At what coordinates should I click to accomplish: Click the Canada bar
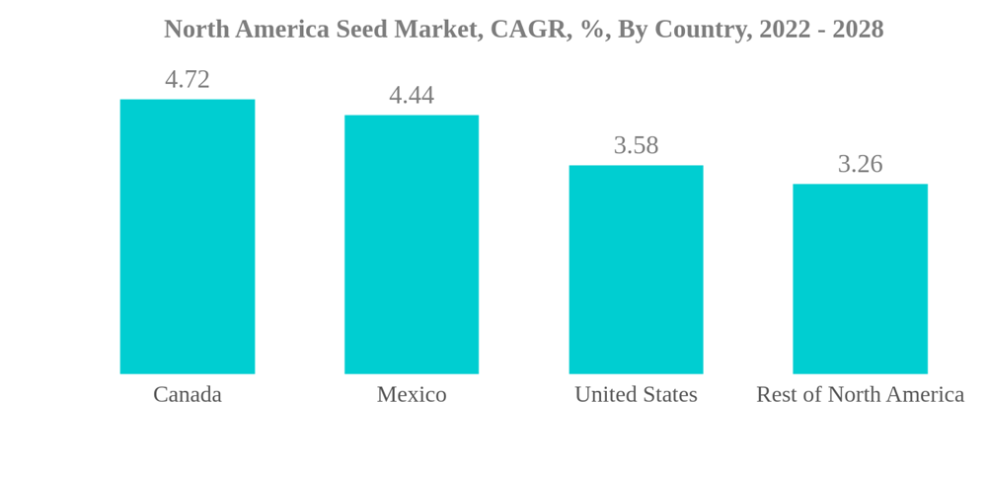pyautogui.click(x=188, y=237)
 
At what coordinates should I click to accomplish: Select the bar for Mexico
pyautogui.click(x=412, y=245)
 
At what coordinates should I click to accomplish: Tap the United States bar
pyautogui.click(x=636, y=270)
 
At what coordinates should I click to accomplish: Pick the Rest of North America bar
pyautogui.click(x=860, y=278)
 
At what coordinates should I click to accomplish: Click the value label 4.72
pyautogui.click(x=188, y=79)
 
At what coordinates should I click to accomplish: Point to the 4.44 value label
pyautogui.click(x=412, y=95)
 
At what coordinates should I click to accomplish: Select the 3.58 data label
pyautogui.click(x=636, y=145)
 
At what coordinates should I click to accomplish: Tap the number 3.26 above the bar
pyautogui.click(x=860, y=164)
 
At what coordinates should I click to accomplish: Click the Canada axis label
pyautogui.click(x=188, y=394)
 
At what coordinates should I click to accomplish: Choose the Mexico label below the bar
pyautogui.click(x=412, y=394)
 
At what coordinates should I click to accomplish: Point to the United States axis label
pyautogui.click(x=636, y=394)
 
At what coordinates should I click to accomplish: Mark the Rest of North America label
pyautogui.click(x=860, y=394)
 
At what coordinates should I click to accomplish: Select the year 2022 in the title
pyautogui.click(x=786, y=30)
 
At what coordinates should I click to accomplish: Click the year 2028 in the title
pyautogui.click(x=858, y=30)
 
